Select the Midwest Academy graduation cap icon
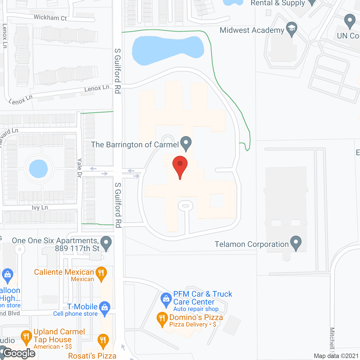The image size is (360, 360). pos(292,28)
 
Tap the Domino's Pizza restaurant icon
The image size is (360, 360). pos(162,319)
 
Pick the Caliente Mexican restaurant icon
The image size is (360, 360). pos(101,273)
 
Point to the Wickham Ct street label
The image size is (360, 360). pos(50,17)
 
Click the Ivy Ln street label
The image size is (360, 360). pos(40,208)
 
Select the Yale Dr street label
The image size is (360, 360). pos(80,168)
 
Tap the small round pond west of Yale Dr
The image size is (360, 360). pos(39,169)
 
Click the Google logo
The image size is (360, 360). pos(19,353)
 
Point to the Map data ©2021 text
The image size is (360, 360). pos(336,356)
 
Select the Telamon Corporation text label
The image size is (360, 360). pos(252,244)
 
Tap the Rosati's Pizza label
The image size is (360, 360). pos(92,356)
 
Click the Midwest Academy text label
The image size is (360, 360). pos(252,30)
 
